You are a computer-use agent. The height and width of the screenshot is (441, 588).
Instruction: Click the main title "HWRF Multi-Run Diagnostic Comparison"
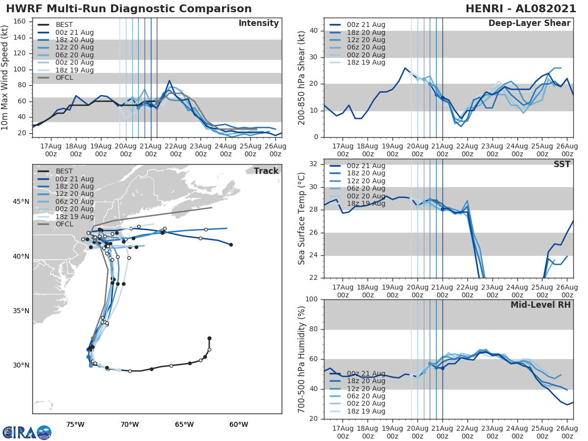[129, 9]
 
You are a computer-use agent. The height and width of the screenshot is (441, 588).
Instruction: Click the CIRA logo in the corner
[26, 432]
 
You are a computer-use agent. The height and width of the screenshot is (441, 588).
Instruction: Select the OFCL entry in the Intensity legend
[65, 78]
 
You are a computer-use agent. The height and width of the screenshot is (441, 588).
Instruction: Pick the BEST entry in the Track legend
[64, 171]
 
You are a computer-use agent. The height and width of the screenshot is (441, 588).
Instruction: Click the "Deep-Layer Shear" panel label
[529, 24]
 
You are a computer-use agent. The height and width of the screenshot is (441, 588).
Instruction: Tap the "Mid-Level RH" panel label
[540, 305]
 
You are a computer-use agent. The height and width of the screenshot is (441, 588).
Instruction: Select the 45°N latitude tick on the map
[21, 202]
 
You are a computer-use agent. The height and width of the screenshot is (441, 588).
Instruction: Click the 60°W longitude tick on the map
[238, 424]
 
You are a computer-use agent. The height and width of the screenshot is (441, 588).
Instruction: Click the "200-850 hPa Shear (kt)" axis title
[302, 77]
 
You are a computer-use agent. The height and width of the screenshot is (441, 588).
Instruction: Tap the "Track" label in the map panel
[266, 171]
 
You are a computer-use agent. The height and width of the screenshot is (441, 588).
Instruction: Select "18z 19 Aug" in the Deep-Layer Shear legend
[366, 62]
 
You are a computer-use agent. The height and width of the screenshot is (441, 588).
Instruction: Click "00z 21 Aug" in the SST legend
[366, 166]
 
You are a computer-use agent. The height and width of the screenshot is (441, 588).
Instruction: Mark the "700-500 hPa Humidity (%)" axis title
[302, 359]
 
